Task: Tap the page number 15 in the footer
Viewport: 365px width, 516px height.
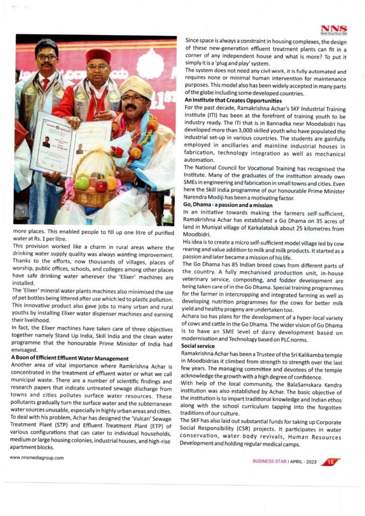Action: [330, 462]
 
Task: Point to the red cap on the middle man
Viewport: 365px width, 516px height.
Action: [98, 54]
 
